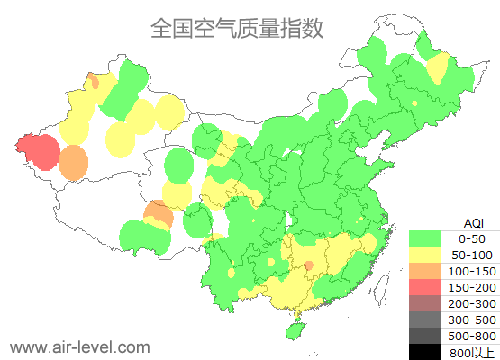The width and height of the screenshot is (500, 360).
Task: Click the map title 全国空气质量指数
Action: pyautogui.click(x=236, y=29)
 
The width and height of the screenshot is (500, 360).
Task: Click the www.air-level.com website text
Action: pyautogui.click(x=79, y=346)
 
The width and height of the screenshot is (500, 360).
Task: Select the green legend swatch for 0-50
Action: pyautogui.click(x=431, y=238)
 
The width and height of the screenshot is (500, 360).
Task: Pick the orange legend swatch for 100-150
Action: pyautogui.click(x=431, y=271)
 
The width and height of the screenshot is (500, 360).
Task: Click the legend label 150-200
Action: pyautogui.click(x=471, y=287)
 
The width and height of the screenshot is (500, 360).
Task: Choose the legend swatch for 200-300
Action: pyautogui.click(x=431, y=303)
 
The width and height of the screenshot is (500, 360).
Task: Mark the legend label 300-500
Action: pyautogui.click(x=471, y=319)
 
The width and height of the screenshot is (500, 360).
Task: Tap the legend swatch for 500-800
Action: pyautogui.click(x=431, y=336)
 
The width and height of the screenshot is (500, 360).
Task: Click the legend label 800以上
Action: pyautogui.click(x=471, y=352)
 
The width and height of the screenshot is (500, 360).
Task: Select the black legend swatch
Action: pyautogui.click(x=431, y=352)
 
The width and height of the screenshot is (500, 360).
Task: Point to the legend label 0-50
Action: pyautogui.click(x=471, y=238)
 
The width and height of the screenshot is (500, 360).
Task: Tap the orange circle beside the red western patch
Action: pyautogui.click(x=74, y=163)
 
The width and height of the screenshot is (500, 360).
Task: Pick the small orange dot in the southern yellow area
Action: pyautogui.click(x=308, y=265)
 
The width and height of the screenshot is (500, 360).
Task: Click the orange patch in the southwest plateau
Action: pyautogui.click(x=159, y=214)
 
